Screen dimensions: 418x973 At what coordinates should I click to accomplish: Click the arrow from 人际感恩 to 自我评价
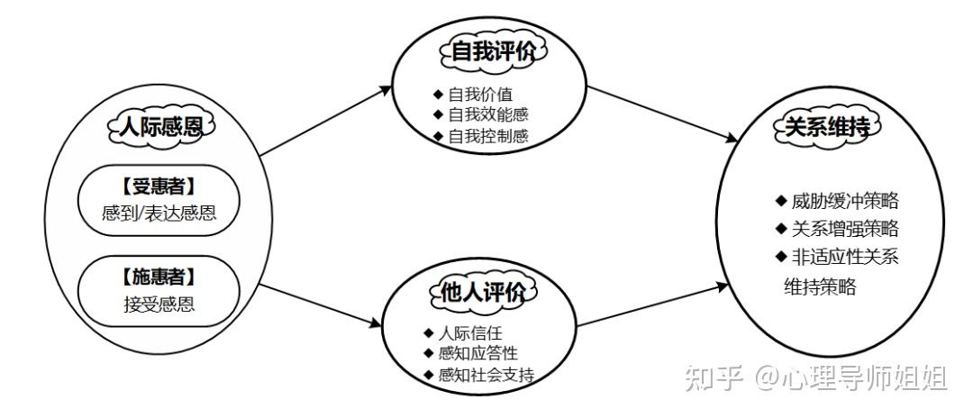point(326,123)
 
